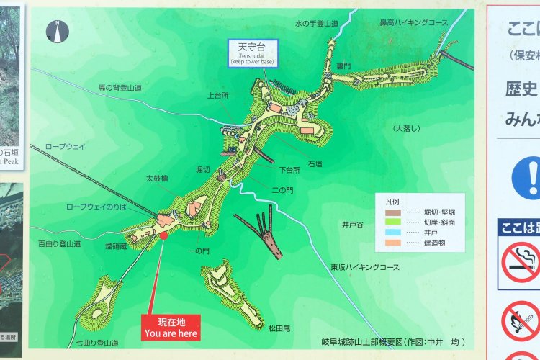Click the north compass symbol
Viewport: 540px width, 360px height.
click(57, 30)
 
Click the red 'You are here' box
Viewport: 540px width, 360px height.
click(171, 328)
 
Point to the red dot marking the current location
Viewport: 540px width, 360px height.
click(163, 235)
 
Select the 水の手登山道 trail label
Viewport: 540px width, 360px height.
click(317, 24)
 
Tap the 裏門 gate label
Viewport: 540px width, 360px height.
click(343, 66)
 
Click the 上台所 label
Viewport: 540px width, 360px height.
click(217, 95)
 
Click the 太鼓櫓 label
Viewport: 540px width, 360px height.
click(156, 177)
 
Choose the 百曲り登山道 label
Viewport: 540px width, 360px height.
click(59, 245)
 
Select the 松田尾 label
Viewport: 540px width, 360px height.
click(279, 328)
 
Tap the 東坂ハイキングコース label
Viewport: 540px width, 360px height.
click(365, 267)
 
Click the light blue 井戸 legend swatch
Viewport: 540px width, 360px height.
click(392, 233)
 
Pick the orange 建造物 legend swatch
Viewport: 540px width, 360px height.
click(392, 243)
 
